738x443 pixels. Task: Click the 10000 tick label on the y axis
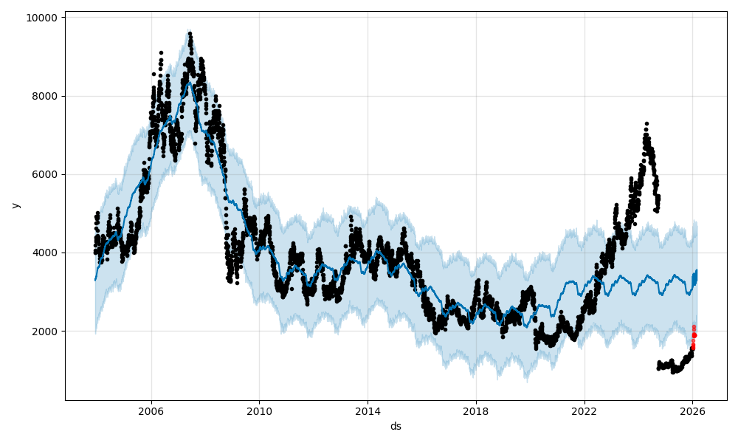43,17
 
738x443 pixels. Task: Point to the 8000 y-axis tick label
46,96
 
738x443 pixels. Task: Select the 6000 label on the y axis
46,174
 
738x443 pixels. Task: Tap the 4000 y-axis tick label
46,253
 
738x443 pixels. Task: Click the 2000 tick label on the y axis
46,332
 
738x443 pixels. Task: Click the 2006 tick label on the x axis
151,411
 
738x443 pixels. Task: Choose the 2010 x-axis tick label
259,411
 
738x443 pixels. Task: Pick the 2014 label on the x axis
368,411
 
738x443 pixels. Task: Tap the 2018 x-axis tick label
476,411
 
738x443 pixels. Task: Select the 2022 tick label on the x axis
584,411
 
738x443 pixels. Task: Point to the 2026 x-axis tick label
692,411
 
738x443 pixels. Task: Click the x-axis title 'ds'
396,426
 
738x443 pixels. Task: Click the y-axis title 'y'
15,205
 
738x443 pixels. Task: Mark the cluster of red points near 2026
694,336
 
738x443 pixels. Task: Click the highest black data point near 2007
190,33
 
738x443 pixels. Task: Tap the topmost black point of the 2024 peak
646,124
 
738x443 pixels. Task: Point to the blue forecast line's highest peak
190,82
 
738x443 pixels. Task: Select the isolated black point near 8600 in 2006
154,74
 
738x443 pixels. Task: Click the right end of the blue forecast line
696,271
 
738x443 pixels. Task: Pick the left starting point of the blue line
95,280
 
